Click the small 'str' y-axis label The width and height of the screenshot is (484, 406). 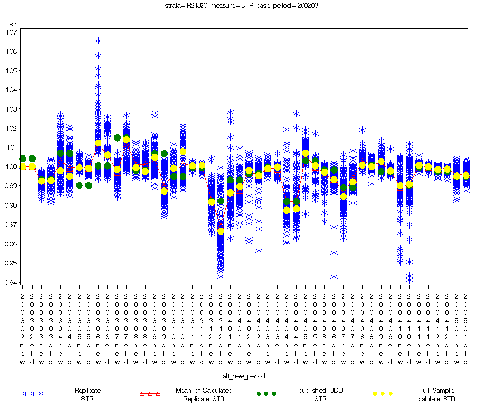[x=13, y=23]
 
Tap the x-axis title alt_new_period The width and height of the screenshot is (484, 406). [x=245, y=376]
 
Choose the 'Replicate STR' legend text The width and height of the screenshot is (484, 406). [x=88, y=394]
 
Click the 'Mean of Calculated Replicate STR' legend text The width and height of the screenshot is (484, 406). [x=204, y=394]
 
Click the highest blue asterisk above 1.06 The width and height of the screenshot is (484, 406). [x=98, y=41]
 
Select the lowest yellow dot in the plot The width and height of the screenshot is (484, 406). [x=221, y=231]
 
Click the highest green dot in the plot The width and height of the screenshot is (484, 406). [x=117, y=138]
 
